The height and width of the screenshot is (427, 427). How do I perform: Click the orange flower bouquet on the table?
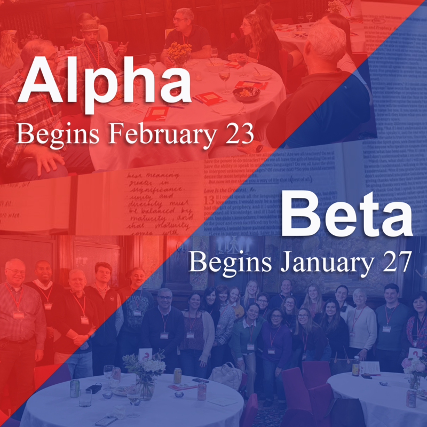[x=179, y=52]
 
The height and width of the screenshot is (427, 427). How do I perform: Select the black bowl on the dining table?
[x=246, y=94]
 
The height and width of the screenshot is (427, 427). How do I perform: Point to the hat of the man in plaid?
[x=90, y=25]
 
